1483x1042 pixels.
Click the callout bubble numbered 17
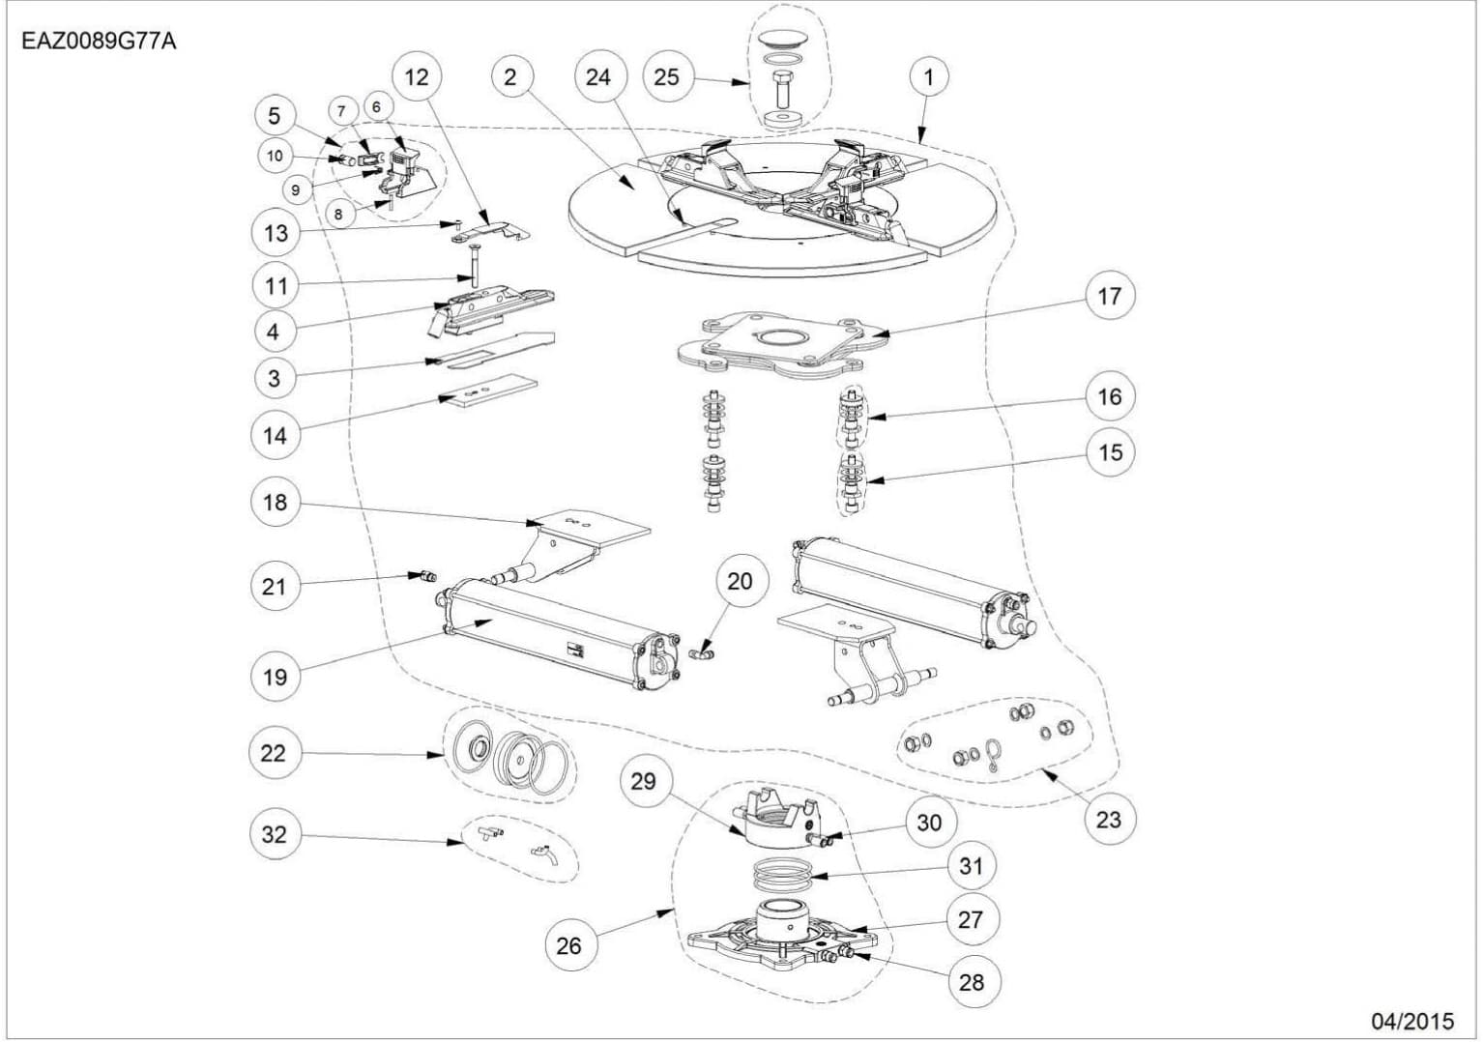click(x=1109, y=296)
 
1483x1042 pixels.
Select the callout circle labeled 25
click(x=667, y=76)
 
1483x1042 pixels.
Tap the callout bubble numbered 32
click(x=275, y=833)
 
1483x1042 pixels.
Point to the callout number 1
click(x=929, y=76)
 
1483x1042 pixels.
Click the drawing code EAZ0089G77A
click(x=99, y=42)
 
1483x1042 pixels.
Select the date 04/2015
click(x=1411, y=1021)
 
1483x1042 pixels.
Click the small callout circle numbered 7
click(x=341, y=111)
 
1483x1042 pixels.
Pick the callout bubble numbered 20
click(x=740, y=581)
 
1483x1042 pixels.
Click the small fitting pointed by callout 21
click(x=424, y=577)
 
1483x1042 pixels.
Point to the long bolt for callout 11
click(x=473, y=266)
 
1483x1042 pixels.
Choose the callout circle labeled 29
click(x=644, y=781)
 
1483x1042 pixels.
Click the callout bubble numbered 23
click(x=1108, y=819)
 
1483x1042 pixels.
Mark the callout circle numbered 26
click(x=569, y=944)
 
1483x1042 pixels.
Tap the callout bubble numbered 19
click(x=275, y=676)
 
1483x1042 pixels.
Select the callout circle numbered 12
click(x=417, y=76)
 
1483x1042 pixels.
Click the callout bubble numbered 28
click(x=971, y=981)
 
